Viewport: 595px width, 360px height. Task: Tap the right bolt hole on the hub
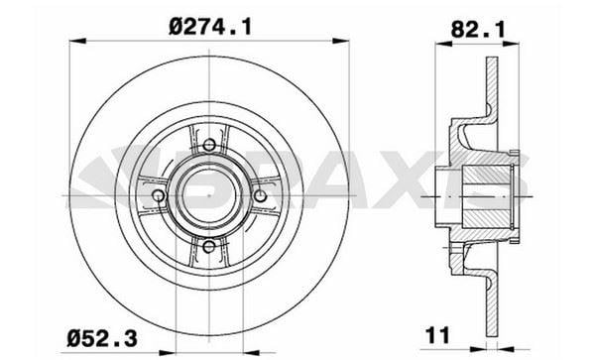pyautogui.click(x=259, y=196)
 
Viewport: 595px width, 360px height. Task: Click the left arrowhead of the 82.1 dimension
pyautogui.click(x=442, y=43)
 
